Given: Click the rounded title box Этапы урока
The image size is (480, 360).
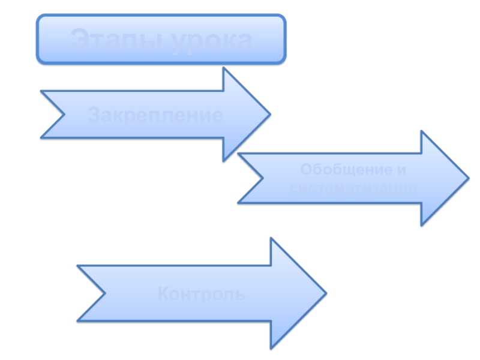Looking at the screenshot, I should [161, 39].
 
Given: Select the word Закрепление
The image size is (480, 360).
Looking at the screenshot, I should [155, 115].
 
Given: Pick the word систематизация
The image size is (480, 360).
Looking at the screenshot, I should [353, 188].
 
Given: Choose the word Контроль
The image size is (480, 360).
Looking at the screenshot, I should [201, 295].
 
